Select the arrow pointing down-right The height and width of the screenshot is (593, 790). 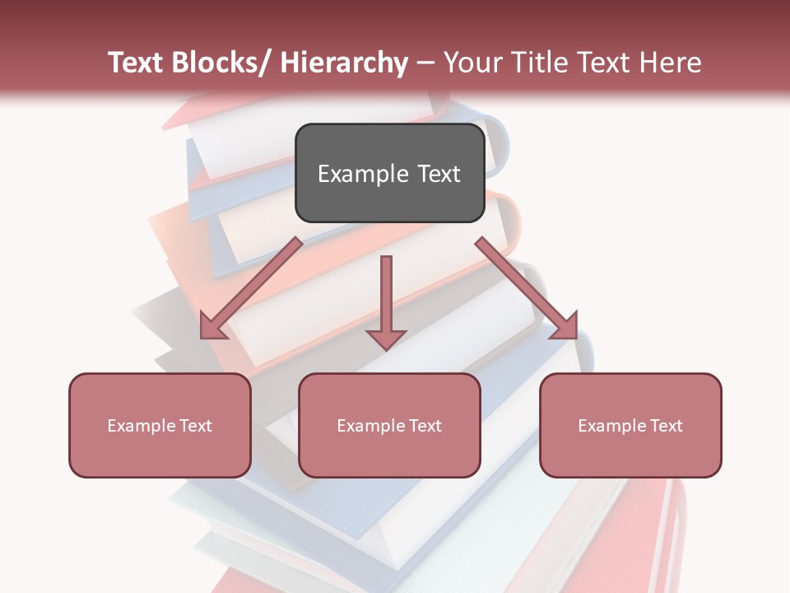(527, 288)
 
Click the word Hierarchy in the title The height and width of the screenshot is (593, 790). (344, 63)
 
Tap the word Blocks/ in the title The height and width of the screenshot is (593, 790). (219, 63)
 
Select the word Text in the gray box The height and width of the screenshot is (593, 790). (439, 174)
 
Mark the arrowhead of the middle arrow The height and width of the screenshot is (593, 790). (386, 339)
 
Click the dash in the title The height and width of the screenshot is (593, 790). (425, 63)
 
